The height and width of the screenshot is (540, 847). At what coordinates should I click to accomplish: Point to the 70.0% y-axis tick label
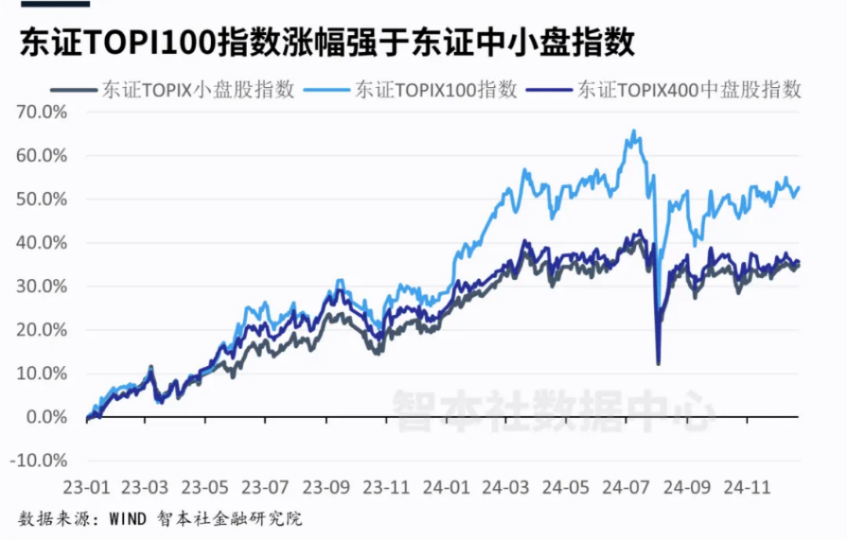[x=42, y=111]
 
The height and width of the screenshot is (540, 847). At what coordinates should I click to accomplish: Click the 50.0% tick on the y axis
[x=42, y=199]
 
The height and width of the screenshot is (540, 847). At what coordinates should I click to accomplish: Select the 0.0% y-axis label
[x=45, y=417]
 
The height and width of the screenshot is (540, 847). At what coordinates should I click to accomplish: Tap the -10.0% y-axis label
[x=38, y=461]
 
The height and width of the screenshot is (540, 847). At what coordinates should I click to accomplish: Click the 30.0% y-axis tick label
[x=42, y=286]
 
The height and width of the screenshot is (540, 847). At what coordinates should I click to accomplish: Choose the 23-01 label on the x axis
[x=87, y=486]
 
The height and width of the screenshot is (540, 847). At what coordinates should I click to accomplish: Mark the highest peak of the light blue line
[x=634, y=131]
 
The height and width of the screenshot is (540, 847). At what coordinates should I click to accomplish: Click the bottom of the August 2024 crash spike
[x=658, y=363]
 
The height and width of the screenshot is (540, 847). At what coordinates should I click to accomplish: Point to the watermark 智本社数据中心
[x=553, y=408]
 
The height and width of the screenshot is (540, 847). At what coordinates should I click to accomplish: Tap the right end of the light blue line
[x=798, y=187]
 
